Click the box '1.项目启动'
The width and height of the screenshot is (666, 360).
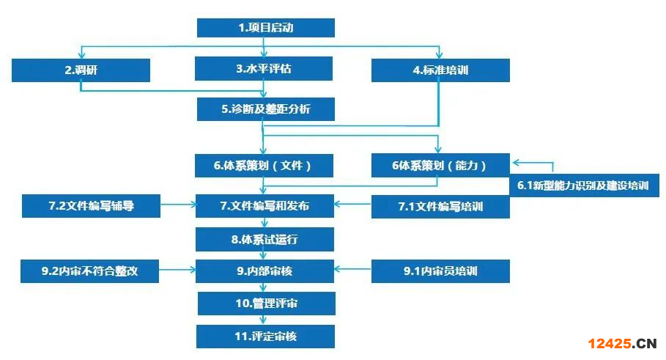[265, 28]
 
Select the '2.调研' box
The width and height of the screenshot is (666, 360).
[81, 70]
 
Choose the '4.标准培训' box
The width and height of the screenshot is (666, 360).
[440, 70]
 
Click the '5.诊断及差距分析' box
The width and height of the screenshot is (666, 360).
[265, 109]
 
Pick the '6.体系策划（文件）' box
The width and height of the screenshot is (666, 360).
[264, 166]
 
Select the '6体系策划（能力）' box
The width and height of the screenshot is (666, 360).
[440, 166]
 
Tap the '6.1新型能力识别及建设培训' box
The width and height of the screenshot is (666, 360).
[583, 185]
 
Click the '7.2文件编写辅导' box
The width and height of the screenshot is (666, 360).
[91, 206]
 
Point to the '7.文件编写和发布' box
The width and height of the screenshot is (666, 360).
[264, 206]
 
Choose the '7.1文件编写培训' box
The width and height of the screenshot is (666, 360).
[440, 207]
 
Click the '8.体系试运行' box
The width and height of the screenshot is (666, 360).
[264, 239]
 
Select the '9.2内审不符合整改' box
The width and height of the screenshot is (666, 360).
[90, 271]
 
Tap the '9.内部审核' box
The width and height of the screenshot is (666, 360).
[264, 271]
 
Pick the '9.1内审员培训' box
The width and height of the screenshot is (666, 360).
[440, 271]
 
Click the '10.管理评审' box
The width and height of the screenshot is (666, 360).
[264, 304]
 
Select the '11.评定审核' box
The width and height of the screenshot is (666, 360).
[264, 336]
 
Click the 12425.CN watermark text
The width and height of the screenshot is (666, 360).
[621, 342]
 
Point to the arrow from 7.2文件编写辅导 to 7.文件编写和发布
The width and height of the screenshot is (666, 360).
[177, 206]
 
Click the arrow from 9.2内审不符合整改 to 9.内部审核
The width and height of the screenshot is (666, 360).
[177, 271]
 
